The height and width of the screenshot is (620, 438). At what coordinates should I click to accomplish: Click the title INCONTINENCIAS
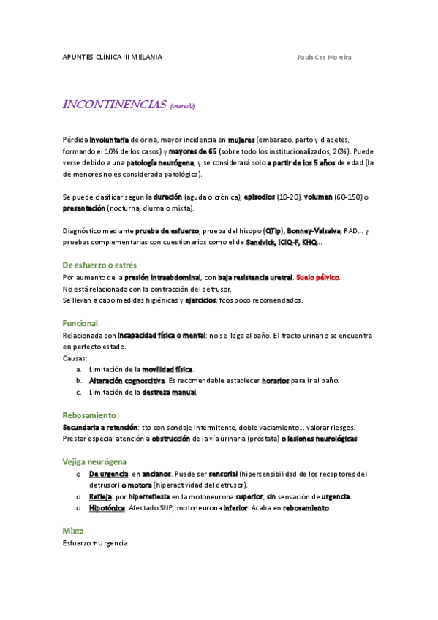[115, 105]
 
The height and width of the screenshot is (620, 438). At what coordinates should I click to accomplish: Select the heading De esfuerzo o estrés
[99, 265]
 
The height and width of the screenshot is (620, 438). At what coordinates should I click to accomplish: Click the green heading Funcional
[80, 323]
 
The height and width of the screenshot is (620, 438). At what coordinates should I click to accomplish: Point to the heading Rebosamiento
[89, 415]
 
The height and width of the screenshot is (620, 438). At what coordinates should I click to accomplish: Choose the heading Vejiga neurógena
[95, 461]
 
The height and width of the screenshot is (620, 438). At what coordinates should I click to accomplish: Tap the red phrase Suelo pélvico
[318, 278]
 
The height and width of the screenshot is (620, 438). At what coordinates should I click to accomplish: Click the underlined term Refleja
[100, 496]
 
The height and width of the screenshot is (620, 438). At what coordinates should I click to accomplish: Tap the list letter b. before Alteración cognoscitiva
[78, 380]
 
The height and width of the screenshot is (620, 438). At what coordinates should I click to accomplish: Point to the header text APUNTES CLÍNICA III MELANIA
[113, 57]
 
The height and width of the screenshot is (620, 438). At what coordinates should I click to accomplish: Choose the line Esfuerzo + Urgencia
[95, 543]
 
